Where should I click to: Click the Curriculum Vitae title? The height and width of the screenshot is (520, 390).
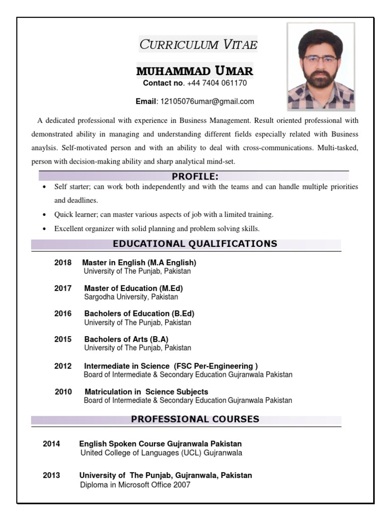tap(198, 45)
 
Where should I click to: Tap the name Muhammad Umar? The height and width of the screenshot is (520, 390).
tap(194, 71)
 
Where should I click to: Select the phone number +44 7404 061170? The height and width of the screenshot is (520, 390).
tap(217, 83)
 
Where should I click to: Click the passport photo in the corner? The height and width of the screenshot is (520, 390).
tap(320, 66)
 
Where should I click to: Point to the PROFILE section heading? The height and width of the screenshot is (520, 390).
tap(195, 176)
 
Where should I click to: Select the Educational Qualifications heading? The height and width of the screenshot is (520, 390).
tap(195, 244)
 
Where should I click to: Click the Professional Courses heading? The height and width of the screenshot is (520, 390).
tap(195, 419)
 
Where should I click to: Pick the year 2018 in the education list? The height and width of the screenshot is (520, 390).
tap(63, 263)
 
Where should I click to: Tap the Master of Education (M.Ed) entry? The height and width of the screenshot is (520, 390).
tap(134, 288)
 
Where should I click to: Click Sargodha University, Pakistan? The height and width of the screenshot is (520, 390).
tap(131, 297)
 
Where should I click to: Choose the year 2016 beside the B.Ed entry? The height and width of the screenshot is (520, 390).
tap(63, 313)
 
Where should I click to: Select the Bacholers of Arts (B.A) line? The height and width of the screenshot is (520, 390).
tap(126, 339)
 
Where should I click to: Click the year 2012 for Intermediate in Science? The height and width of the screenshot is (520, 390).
tap(63, 366)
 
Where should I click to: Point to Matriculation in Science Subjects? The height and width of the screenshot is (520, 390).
tap(146, 392)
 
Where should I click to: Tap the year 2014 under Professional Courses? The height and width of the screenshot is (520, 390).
tap(51, 443)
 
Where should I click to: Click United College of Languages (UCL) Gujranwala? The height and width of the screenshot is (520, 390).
tap(161, 452)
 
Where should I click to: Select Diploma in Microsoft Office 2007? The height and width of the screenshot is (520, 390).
tap(135, 484)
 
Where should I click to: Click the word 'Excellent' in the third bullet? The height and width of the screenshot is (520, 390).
tap(70, 229)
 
